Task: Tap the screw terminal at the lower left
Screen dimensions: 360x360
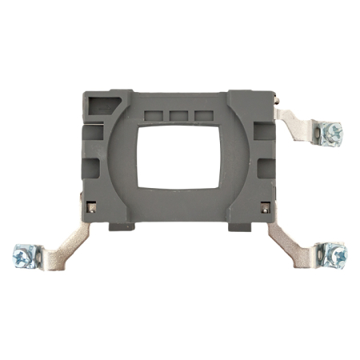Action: (x=22, y=256)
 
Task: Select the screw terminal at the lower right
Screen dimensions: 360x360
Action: (x=335, y=255)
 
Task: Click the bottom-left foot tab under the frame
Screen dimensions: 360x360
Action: (x=120, y=226)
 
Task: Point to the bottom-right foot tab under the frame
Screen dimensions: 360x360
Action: (x=238, y=226)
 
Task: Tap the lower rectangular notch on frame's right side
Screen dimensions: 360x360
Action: (x=265, y=167)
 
